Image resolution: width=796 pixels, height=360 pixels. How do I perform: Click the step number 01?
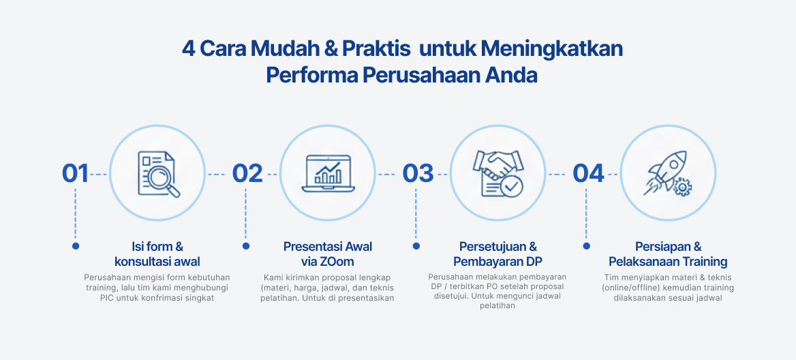click(75, 174)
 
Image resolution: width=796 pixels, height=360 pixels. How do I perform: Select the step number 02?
click(247, 174)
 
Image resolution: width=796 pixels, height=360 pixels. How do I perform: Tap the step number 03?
click(418, 174)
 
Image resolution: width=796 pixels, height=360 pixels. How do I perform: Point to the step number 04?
click(588, 174)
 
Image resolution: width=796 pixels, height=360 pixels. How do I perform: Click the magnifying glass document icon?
click(158, 173)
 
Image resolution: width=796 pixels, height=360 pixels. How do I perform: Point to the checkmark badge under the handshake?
click(510, 186)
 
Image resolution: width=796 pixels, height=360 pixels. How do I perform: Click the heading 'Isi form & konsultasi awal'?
click(157, 254)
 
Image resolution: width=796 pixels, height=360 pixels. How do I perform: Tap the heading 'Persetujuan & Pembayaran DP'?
click(498, 254)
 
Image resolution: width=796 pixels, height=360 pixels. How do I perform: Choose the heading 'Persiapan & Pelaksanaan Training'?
click(668, 254)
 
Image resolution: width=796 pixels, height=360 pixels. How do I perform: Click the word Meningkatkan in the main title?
click(552, 49)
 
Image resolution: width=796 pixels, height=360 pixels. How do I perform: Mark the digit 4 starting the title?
click(188, 49)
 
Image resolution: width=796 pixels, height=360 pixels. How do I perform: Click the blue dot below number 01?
click(76, 245)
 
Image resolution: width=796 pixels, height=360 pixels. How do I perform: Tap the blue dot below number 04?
click(586, 245)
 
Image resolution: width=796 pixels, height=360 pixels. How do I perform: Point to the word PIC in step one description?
click(107, 298)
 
